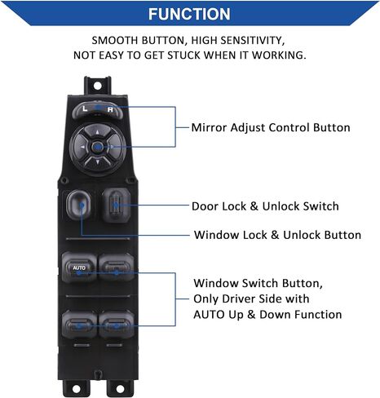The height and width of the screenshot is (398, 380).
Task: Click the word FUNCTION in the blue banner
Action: coord(189,14)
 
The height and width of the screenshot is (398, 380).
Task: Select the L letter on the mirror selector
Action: coord(85,108)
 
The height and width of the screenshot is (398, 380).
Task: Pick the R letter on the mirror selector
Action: coord(110,110)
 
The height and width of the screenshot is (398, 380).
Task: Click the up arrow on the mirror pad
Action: coord(98,132)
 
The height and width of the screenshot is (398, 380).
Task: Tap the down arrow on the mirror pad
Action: coord(98,162)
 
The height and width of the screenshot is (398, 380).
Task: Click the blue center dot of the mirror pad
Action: coord(97,147)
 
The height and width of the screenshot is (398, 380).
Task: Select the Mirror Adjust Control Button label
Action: coord(271,127)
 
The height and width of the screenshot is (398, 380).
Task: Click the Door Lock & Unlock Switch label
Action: coord(265,206)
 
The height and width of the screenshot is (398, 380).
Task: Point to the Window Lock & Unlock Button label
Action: coord(277,235)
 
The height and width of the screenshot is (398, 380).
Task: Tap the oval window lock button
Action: coord(78,205)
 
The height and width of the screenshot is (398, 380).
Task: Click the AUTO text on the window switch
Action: coord(79,268)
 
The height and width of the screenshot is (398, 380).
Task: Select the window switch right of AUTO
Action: coord(116,267)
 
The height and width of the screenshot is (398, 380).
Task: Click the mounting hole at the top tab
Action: coord(97,86)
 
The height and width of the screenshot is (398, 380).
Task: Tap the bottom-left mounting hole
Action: coord(76,389)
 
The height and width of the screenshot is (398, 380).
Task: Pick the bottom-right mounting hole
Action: coord(120,389)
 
